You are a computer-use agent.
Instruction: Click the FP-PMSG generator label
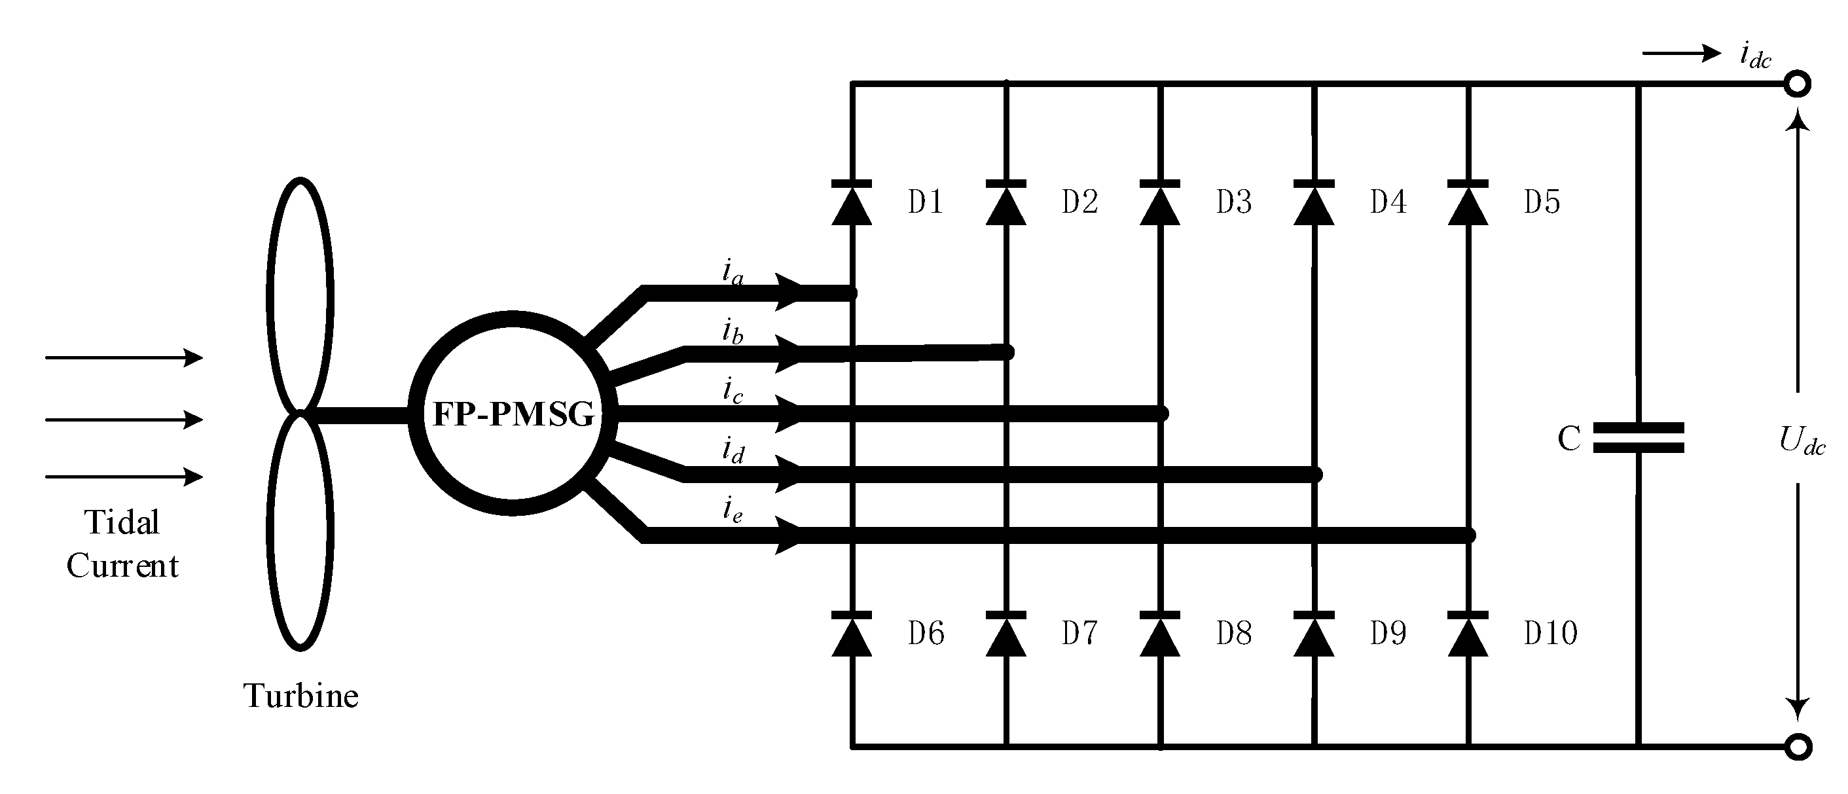pyautogui.click(x=513, y=414)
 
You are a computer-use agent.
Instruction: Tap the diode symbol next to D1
pyautogui.click(x=852, y=204)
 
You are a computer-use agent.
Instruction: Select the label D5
pyautogui.click(x=1542, y=202)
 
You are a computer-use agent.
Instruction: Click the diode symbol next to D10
pyautogui.click(x=1468, y=635)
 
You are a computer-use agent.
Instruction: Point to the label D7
pyautogui.click(x=1079, y=634)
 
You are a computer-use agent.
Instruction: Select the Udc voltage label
pyautogui.click(x=1802, y=440)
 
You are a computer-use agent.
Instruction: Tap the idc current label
pyautogui.click(x=1756, y=55)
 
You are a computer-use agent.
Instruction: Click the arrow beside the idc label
pyautogui.click(x=1681, y=53)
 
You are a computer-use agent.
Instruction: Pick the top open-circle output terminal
pyautogui.click(x=1797, y=84)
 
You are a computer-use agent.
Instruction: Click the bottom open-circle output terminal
pyautogui.click(x=1798, y=747)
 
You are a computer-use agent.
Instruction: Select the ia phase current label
pyautogui.click(x=732, y=272)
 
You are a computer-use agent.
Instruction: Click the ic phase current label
pyautogui.click(x=732, y=391)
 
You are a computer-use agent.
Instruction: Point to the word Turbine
pyautogui.click(x=300, y=696)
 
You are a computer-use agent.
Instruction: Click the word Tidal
pyautogui.click(x=122, y=522)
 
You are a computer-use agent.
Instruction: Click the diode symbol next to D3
pyautogui.click(x=1160, y=204)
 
